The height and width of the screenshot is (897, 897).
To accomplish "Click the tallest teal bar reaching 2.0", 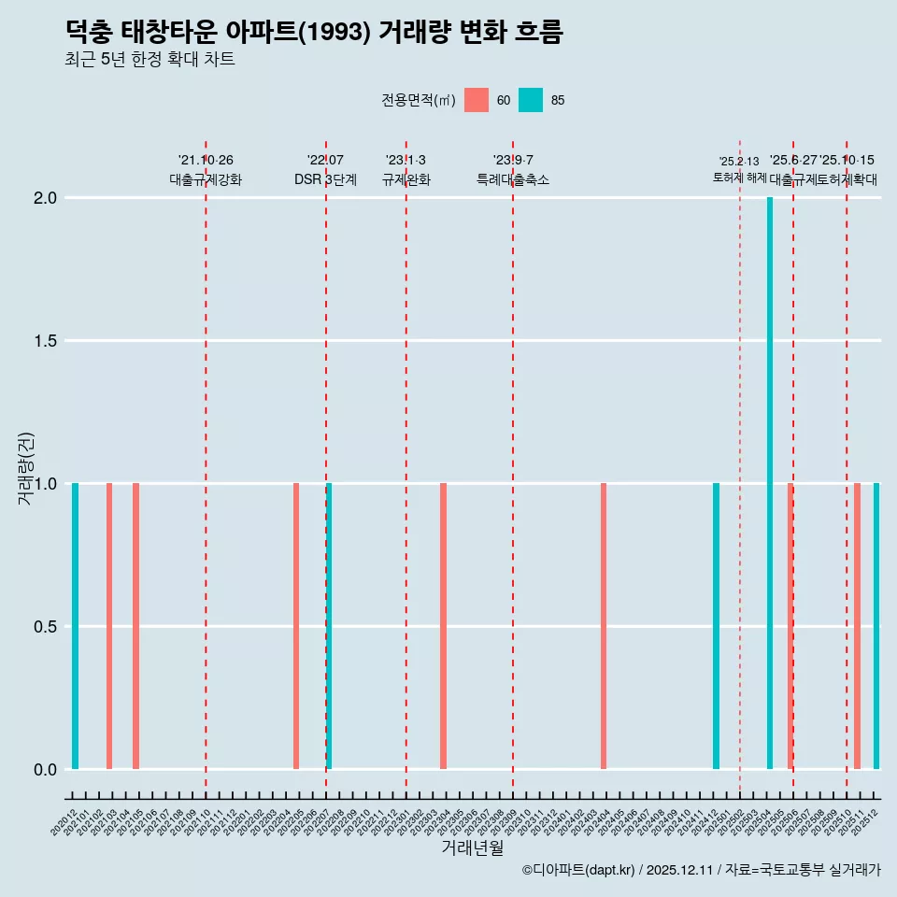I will pos(770,482).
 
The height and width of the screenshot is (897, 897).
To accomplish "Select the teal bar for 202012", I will pos(75,626).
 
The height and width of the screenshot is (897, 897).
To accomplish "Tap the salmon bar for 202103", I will pos(109,626).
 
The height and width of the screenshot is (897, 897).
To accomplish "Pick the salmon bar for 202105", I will pos(135,626).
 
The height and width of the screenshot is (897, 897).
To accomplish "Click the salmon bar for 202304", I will pos(443,626).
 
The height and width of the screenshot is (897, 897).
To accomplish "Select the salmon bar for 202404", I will pos(604,626).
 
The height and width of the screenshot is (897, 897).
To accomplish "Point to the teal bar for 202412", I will pos(716,626).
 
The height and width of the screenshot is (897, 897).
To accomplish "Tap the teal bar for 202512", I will pos(876,626).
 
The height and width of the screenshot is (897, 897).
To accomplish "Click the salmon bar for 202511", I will pos(857,626).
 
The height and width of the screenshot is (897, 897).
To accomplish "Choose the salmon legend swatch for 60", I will pos(477,100).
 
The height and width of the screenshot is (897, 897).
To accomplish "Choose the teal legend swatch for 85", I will pos(531,100).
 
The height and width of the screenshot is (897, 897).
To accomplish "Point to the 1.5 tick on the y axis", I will pos(47,341).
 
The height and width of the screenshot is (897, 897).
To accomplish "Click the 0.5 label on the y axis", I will pos(47,627).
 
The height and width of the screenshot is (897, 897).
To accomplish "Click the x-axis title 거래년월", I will pos(472,848).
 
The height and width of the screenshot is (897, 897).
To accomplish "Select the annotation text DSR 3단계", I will pos(325,179).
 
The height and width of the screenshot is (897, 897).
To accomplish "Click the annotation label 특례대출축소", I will pos(513,179).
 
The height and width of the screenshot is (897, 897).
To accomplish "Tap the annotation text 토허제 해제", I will pos(739,178).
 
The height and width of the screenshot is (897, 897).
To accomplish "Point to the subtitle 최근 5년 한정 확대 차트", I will pos(149,60).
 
